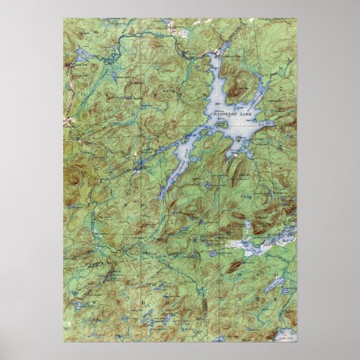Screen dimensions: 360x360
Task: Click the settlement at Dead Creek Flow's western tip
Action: point(139,165)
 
